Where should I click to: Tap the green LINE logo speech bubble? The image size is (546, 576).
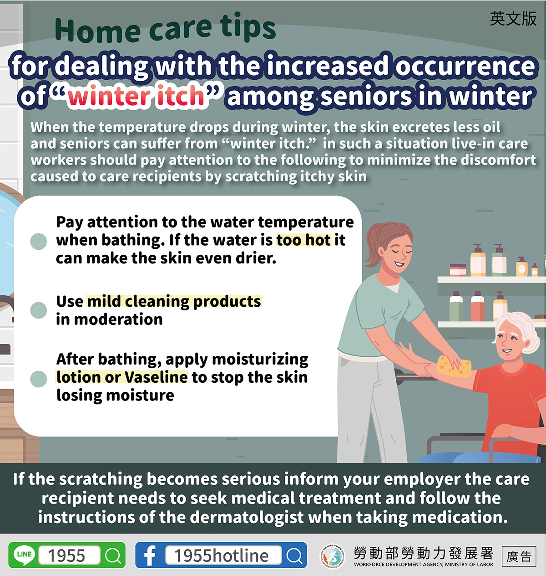click(25, 555)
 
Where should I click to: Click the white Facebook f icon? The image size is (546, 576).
click(150, 555)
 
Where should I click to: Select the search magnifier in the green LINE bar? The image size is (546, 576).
click(113, 555)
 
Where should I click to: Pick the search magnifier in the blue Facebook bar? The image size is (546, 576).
click(294, 555)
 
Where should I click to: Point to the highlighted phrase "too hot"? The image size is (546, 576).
click(304, 240)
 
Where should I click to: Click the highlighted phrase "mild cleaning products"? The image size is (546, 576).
click(174, 302)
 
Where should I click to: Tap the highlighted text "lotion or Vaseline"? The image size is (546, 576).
click(122, 377)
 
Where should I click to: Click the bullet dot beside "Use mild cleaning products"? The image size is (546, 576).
click(39, 310)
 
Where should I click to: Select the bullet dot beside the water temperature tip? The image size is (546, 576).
click(39, 242)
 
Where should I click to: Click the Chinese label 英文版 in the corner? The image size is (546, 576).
click(514, 19)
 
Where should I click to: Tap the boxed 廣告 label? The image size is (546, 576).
click(519, 556)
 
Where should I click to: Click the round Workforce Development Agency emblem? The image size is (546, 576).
click(333, 556)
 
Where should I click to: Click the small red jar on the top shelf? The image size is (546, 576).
click(458, 270)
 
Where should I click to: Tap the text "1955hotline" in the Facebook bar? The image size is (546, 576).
click(221, 555)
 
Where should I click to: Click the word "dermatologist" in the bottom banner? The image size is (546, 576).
click(246, 517)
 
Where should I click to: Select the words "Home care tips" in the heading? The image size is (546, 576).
click(165, 28)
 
